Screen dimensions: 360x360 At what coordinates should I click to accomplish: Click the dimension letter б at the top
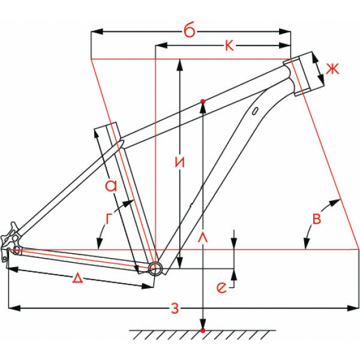click(x=190, y=31)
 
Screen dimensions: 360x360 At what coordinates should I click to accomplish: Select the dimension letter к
click(x=229, y=46)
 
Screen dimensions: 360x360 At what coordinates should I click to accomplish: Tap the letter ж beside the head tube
click(x=332, y=68)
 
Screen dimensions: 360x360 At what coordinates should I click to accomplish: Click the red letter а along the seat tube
click(x=110, y=187)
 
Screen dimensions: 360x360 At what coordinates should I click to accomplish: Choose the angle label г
click(x=108, y=220)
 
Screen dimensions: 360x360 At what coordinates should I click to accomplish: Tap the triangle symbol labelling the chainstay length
click(x=78, y=278)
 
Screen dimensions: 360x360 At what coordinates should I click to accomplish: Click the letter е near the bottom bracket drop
click(x=222, y=288)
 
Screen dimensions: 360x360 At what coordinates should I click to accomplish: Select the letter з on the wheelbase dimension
click(x=175, y=309)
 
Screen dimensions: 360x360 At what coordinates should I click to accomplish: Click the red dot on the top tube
click(x=203, y=101)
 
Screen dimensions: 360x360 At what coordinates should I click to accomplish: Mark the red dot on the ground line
click(x=203, y=331)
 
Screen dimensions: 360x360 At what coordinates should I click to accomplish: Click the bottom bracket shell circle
click(x=155, y=268)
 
